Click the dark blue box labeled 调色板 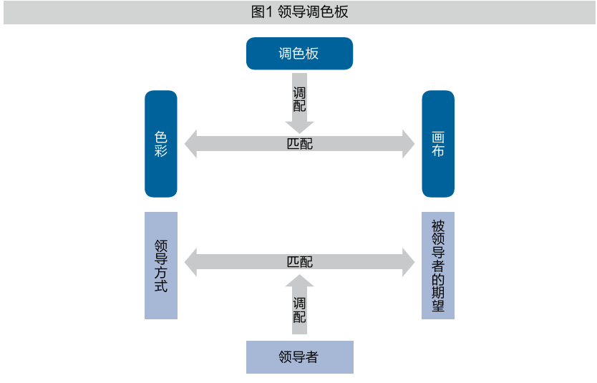[x=299, y=54]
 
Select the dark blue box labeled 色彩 [x=160, y=143]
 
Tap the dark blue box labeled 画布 [x=438, y=143]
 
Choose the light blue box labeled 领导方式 [x=160, y=265]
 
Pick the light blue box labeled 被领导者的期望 [x=438, y=265]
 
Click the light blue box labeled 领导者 [x=299, y=357]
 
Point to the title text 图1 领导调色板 [x=299, y=12]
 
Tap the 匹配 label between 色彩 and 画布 [x=299, y=143]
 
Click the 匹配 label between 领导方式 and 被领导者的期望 [x=299, y=262]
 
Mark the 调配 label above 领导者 [x=299, y=310]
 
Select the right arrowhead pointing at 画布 [x=409, y=143]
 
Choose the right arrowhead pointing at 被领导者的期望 [x=409, y=262]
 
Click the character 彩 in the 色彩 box [x=160, y=151]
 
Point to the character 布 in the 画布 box [x=438, y=151]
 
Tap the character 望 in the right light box [x=438, y=306]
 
